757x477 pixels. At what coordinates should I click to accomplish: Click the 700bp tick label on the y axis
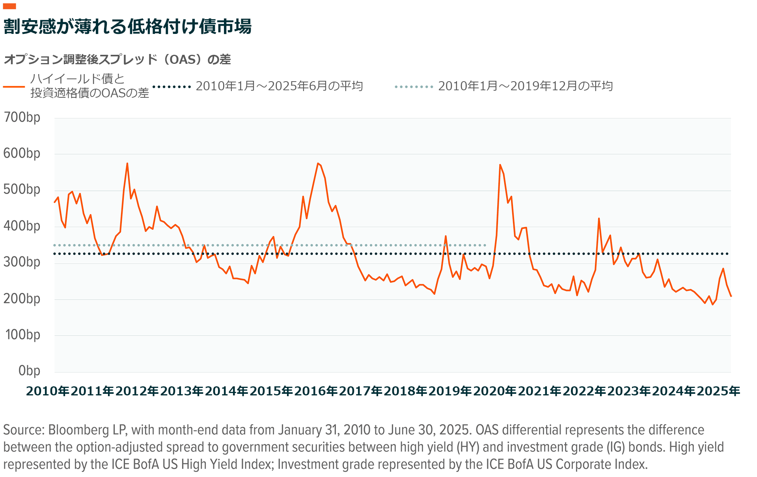pos(22,117)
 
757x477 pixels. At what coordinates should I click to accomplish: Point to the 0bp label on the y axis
pos(29,371)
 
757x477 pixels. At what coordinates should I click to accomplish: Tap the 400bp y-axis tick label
pos(22,226)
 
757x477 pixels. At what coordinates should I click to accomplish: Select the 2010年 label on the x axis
pos(48,391)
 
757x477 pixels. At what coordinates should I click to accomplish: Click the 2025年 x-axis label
pos(718,391)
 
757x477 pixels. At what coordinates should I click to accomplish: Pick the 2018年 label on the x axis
pos(405,391)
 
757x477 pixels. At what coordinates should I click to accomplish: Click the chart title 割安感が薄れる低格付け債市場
pos(127,27)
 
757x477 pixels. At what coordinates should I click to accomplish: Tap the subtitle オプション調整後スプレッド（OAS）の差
pos(117,60)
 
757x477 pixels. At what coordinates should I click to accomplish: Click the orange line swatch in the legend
pos(14,86)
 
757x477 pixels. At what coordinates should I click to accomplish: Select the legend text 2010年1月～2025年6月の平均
pos(279,86)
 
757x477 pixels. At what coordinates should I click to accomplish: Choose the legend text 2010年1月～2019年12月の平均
pos(525,86)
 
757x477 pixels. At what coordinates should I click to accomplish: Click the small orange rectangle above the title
pos(9,6)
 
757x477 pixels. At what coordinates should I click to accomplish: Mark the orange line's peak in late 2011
pos(127,163)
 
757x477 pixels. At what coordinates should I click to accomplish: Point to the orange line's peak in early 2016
pos(318,163)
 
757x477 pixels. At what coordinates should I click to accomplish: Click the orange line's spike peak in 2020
pos(500,165)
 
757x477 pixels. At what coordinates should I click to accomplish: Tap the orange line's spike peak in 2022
pos(599,218)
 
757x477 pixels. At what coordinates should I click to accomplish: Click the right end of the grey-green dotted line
pos(485,245)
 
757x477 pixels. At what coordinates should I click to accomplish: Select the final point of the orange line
pos(731,296)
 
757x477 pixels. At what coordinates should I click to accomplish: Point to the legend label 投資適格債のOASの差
pos(90,93)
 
